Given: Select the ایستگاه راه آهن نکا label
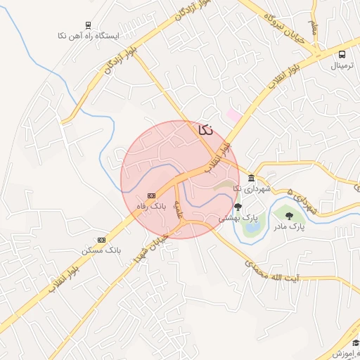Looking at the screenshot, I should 89,34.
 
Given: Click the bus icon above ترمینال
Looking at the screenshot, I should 342,55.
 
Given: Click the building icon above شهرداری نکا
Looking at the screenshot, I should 252,177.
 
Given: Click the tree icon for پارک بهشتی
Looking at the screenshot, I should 238,207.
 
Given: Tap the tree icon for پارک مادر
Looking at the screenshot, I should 289,216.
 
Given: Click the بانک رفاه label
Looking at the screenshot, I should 151,206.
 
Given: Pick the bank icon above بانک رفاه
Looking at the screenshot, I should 151,195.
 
